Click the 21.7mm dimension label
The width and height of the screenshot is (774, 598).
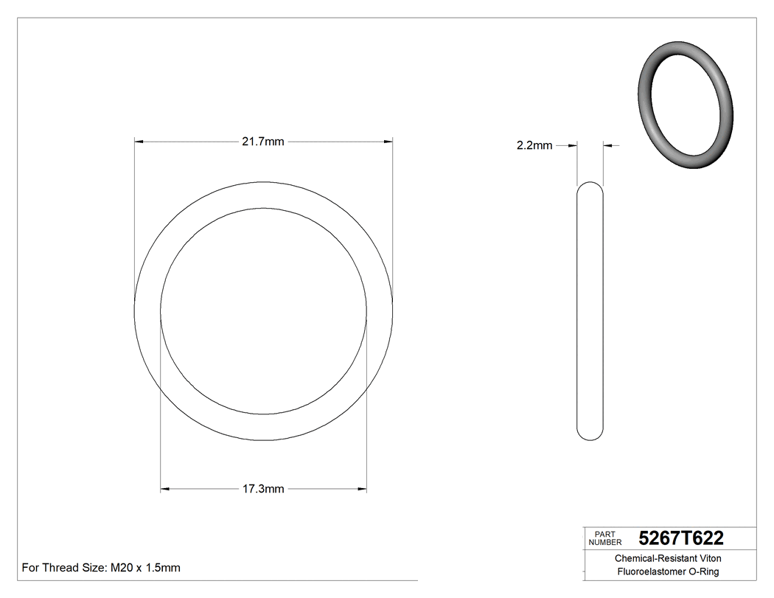pos(263,142)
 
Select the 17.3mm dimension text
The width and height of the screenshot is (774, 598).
pos(263,489)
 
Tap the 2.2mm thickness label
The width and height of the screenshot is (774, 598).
pos(534,146)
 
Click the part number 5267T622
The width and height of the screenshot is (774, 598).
pos(681,538)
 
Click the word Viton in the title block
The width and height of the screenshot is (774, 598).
pos(708,558)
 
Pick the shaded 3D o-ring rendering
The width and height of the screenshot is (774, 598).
pos(685,108)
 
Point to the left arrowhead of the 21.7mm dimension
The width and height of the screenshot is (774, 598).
pos(138,142)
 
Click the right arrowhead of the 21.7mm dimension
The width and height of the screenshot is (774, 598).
pos(388,142)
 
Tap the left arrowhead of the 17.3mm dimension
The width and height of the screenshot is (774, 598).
pos(165,489)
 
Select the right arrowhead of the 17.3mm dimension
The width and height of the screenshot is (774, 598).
pos(362,489)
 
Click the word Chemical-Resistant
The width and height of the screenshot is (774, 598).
pos(653,558)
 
